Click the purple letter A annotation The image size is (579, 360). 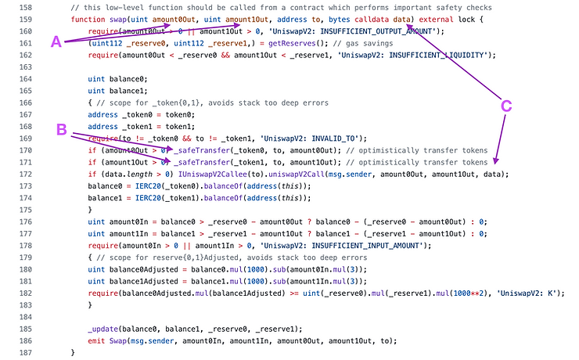click(56, 43)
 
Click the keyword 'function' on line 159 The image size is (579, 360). click(88, 18)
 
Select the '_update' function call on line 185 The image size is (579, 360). click(105, 329)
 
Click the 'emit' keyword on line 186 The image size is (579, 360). click(98, 340)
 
